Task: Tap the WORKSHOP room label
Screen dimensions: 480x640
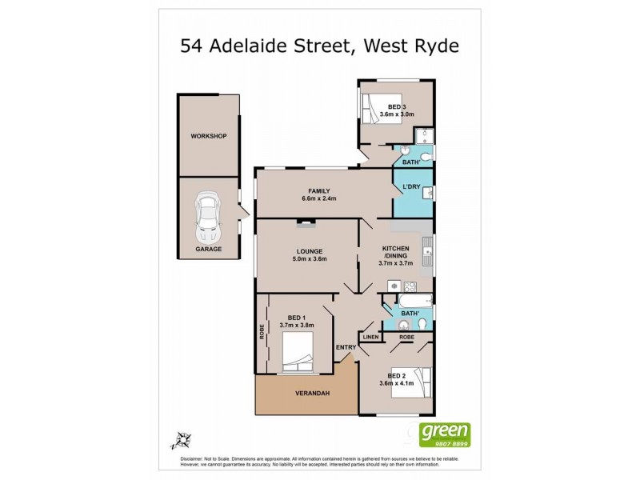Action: (209, 136)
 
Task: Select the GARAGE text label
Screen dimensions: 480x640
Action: (209, 250)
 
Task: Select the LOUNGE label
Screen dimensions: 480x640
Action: (308, 250)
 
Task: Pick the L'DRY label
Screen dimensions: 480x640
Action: (411, 187)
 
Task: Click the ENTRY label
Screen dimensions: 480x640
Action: (346, 346)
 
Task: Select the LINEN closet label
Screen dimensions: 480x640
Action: (370, 338)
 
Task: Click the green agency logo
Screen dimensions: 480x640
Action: (448, 434)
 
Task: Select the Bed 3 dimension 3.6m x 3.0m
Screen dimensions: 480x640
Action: (398, 114)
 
